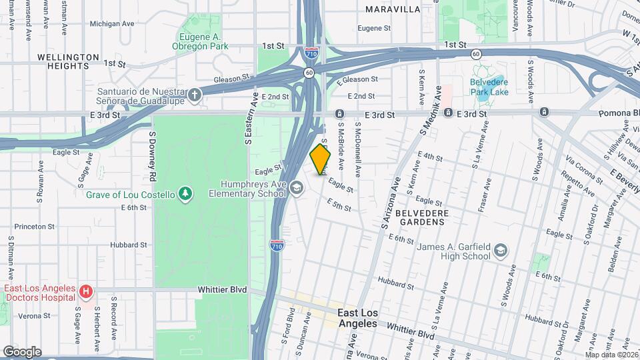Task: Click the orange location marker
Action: coord(320,159)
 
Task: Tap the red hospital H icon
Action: coord(85,291)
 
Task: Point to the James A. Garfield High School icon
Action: coord(500,251)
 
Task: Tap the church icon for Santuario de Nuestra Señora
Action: coord(194,94)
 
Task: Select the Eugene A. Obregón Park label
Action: coord(203,41)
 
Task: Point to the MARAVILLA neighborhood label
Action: coord(393,9)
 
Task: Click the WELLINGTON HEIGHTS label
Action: coord(68,61)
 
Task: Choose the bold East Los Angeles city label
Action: coord(357,318)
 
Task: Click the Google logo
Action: coord(22,351)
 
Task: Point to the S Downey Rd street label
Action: coord(152,155)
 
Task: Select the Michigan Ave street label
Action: coord(111,23)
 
